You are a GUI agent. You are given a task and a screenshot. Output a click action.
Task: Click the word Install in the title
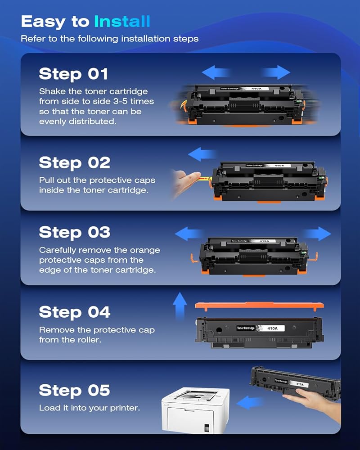click(122, 22)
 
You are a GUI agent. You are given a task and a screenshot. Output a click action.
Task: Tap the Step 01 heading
click(73, 74)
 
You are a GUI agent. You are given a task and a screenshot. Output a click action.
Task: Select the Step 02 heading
click(75, 163)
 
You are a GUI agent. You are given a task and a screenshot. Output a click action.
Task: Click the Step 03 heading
click(75, 232)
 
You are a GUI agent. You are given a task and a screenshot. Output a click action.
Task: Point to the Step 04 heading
click(75, 312)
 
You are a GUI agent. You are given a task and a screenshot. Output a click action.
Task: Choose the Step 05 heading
click(75, 390)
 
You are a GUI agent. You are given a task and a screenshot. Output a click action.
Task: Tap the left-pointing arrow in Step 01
click(216, 72)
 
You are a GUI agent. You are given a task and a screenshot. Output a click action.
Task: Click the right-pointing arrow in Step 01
click(276, 72)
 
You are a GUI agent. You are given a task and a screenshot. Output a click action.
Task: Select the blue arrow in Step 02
click(202, 154)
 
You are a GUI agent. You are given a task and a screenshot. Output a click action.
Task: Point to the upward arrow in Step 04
click(180, 306)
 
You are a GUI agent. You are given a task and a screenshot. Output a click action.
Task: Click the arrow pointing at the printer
click(250, 402)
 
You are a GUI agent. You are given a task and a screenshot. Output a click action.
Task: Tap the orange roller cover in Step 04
click(259, 306)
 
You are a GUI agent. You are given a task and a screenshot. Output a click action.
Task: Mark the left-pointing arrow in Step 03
click(189, 234)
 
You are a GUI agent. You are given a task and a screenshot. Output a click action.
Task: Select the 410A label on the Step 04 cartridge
click(272, 328)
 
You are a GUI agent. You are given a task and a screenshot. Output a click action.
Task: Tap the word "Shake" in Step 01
click(53, 91)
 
